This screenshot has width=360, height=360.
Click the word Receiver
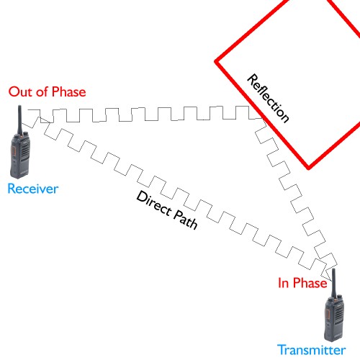point(33,189)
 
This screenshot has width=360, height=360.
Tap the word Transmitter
point(312,350)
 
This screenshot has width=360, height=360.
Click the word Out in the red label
point(20,91)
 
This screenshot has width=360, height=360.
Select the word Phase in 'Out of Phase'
point(69,91)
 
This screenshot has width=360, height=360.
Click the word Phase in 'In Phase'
point(310,283)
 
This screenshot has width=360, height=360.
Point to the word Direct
point(154,203)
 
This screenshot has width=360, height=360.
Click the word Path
point(185,220)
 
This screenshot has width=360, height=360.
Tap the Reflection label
point(268,99)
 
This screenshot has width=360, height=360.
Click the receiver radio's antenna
point(19,120)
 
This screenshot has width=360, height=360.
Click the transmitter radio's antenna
point(333,283)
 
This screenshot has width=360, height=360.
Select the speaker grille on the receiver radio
point(25,152)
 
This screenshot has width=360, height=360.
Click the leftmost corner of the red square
point(215,62)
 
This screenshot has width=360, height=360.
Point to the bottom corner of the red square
point(309,168)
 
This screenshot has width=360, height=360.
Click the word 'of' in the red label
point(42,91)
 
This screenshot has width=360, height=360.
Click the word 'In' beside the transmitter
point(284,283)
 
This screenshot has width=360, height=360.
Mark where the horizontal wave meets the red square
point(261,118)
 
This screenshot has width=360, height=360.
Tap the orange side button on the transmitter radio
point(328,314)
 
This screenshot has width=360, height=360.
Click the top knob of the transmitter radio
point(339,297)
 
